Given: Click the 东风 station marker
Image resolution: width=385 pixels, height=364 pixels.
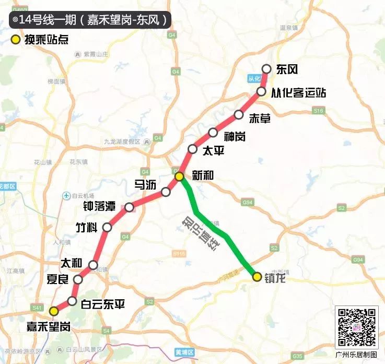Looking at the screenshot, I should coord(266,68).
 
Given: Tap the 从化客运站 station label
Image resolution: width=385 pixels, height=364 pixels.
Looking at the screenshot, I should coord(299,92).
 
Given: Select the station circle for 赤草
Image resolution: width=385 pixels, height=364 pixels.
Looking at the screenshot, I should coord(239,115).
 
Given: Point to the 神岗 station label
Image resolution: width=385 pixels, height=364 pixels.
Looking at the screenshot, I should coord(234,136).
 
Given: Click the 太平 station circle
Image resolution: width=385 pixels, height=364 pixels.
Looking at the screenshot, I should coord(193,149).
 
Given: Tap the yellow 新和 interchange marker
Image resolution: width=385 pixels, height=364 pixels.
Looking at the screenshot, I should coord(179,177).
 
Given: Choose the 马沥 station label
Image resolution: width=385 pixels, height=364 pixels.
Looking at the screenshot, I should coord(144,184).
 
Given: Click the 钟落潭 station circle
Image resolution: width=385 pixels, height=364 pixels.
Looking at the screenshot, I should coord(129,207).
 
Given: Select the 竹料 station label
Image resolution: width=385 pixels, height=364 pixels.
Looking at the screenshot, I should coord(87,227).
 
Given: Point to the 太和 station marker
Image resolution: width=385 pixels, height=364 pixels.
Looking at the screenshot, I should coord(94,265).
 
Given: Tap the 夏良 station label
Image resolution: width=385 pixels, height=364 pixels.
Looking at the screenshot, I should coord(57,279).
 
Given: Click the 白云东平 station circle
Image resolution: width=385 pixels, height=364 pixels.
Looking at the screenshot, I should coord(72,301).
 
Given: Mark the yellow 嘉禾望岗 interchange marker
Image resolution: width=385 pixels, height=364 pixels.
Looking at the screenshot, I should coord(54,311).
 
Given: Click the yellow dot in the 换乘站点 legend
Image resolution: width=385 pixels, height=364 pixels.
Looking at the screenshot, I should coord(16,40).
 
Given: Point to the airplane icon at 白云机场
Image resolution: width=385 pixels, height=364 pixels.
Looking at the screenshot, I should coord(66,195).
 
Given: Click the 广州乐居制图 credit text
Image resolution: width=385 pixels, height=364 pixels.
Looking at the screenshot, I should coord(357,355).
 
